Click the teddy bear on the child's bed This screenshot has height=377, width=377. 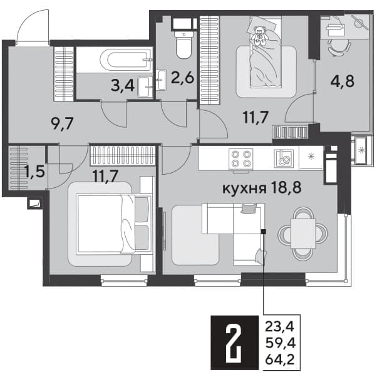click(x=259, y=36)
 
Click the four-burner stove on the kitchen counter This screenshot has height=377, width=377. click(x=240, y=158)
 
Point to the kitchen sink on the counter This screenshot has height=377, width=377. click(x=284, y=158)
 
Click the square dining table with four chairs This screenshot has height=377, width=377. click(x=302, y=234)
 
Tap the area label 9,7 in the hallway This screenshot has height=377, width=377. click(x=62, y=123)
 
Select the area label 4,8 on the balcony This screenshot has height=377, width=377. click(x=342, y=81)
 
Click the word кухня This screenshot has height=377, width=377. click(x=244, y=188)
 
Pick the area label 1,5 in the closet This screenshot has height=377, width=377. click(x=35, y=172)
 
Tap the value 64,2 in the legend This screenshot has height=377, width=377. click(x=280, y=360)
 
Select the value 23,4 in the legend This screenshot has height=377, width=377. click(x=279, y=327)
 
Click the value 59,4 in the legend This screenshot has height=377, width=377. click(x=280, y=343)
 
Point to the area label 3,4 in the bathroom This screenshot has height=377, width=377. click(x=122, y=86)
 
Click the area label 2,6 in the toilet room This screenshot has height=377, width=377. click(x=182, y=78)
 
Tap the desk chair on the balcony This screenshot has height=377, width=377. click(x=339, y=47)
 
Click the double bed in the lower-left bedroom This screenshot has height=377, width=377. click(x=115, y=224)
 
